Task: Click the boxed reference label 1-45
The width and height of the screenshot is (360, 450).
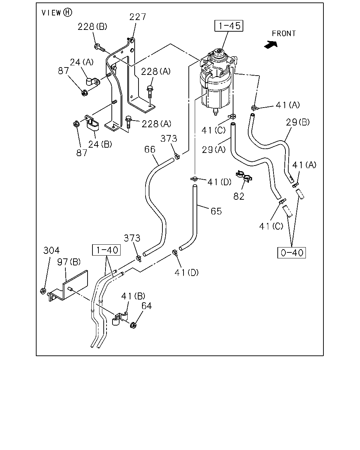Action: (229, 26)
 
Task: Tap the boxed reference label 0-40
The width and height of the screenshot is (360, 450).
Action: (291, 253)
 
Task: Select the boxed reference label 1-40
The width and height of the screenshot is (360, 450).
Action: (107, 250)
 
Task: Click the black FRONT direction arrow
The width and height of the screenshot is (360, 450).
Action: (271, 45)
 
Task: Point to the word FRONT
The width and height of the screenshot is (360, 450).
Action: (284, 33)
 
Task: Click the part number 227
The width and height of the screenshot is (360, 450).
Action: (137, 17)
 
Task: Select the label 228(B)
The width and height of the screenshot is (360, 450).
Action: (92, 27)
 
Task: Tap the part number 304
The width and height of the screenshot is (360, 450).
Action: (51, 250)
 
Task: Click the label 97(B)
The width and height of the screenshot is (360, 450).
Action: (69, 262)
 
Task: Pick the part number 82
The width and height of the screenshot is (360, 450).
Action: (239, 197)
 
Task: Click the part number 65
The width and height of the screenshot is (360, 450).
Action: (216, 211)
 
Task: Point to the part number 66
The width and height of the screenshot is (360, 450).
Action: (150, 149)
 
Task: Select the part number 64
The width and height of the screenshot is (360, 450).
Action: (147, 306)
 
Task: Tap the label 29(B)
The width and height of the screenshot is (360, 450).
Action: (298, 122)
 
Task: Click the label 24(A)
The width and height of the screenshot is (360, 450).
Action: (82, 62)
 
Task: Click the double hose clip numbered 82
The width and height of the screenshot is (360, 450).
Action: (244, 176)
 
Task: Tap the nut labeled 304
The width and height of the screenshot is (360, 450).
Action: (43, 291)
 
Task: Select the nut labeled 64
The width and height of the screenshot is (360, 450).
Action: (133, 325)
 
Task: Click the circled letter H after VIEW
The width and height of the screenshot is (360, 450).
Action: (67, 13)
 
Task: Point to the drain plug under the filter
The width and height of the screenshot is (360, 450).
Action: (216, 112)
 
